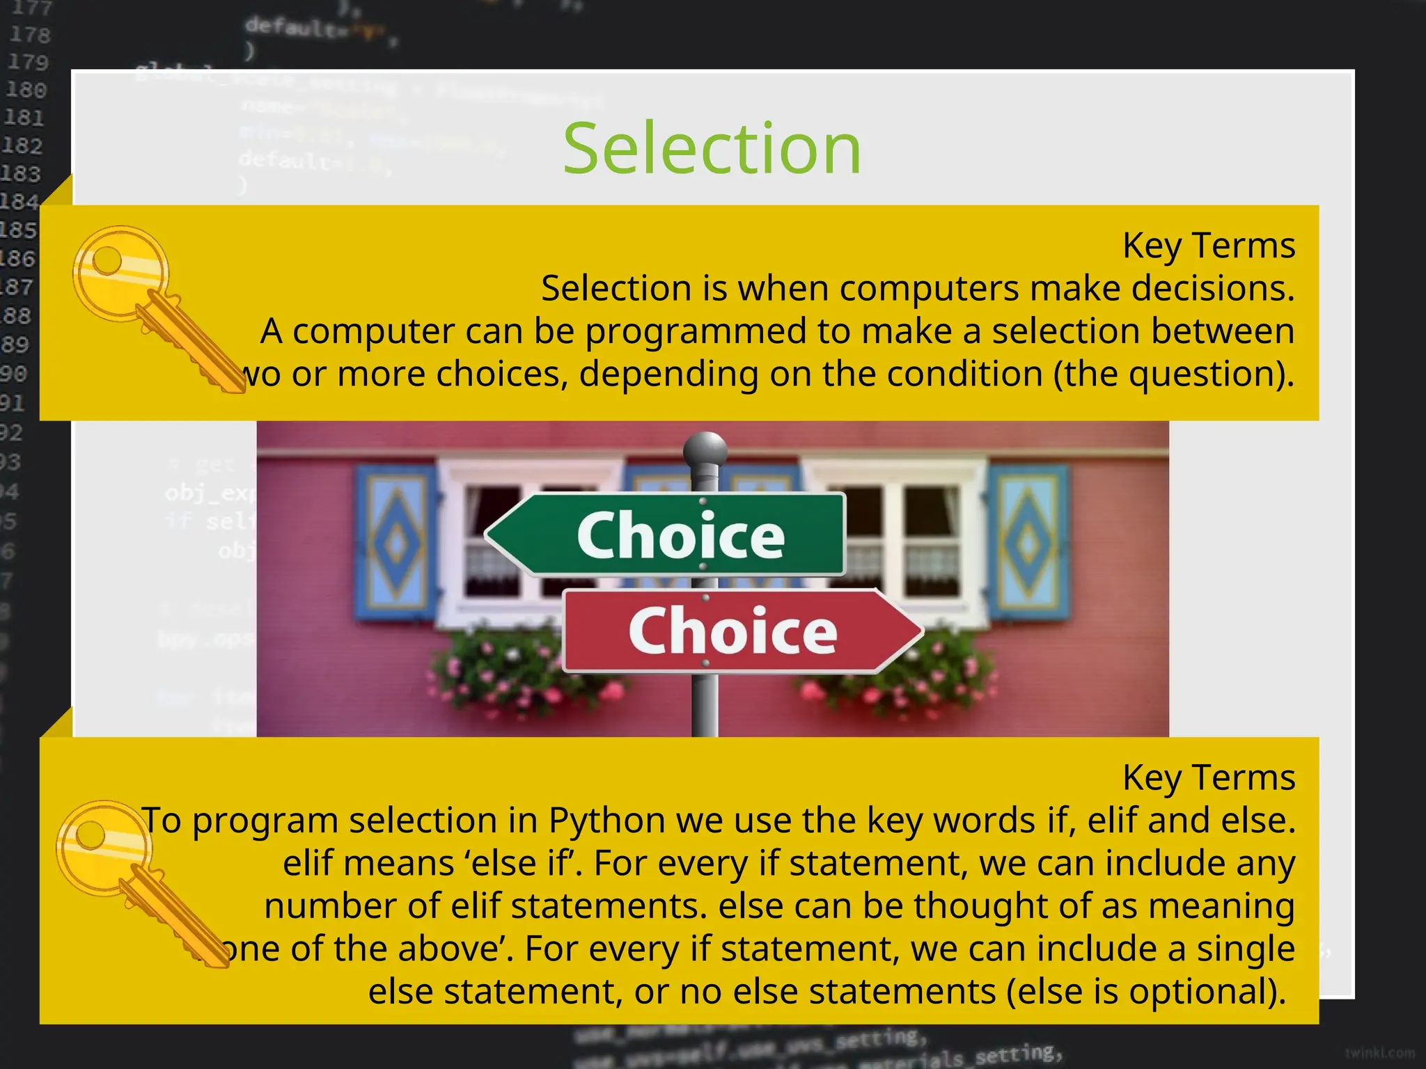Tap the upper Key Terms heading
[x=1208, y=246]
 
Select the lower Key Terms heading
[x=1208, y=777]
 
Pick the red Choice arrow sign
[x=742, y=631]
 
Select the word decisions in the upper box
[x=1212, y=288]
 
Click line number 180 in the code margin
[x=26, y=90]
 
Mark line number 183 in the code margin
[x=21, y=173]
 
